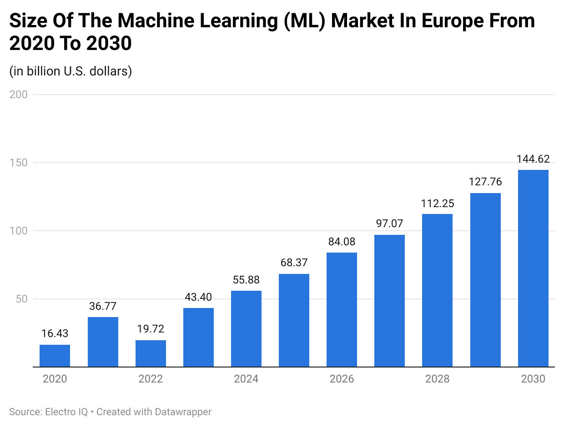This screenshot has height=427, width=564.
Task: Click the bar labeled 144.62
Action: pyautogui.click(x=533, y=268)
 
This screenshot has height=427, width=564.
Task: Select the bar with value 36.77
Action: pyautogui.click(x=103, y=342)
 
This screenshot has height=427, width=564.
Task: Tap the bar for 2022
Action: pyautogui.click(x=151, y=353)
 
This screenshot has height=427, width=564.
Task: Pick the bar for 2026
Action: pyautogui.click(x=342, y=309)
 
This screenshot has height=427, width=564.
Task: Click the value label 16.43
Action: pyautogui.click(x=55, y=333)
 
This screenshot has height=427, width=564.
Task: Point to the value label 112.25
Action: pyautogui.click(x=438, y=204)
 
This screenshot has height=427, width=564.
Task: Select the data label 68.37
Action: pyautogui.click(x=294, y=263)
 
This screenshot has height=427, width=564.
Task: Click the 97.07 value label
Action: pyautogui.click(x=389, y=223)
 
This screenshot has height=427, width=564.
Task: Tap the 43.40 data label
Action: pyautogui.click(x=198, y=297)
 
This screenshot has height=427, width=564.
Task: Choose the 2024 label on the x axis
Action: pyautogui.click(x=246, y=379)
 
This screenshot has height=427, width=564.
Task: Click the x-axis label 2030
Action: pyautogui.click(x=533, y=379)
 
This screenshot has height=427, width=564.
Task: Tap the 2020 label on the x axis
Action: pyautogui.click(x=55, y=379)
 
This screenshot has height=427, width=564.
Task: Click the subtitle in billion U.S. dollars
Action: pyautogui.click(x=70, y=71)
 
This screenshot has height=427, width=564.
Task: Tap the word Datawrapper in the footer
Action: pyautogui.click(x=183, y=412)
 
